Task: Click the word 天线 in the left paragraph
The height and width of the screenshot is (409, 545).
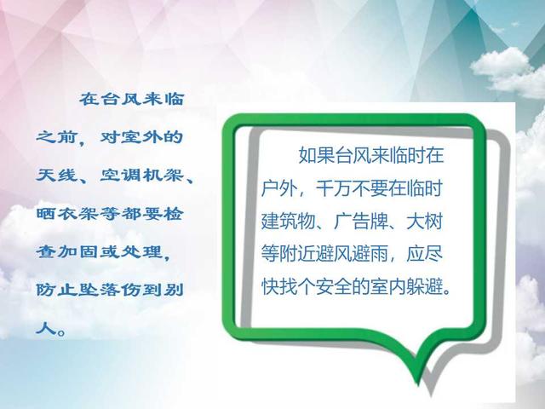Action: pyautogui.click(x=57, y=176)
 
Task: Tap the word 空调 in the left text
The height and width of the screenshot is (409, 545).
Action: pyautogui.click(x=121, y=176)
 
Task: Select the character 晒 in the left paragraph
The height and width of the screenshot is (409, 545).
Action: pyautogui.click(x=47, y=214)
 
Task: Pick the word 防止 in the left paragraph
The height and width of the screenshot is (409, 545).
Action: pyautogui.click(x=57, y=290)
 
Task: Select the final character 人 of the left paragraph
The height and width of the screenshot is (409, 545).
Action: pyautogui.click(x=47, y=327)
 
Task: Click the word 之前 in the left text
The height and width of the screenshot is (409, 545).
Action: pyautogui.click(x=57, y=137)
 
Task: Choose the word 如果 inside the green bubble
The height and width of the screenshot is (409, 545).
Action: pyautogui.click(x=317, y=155)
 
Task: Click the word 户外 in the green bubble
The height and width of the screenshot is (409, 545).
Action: pyautogui.click(x=279, y=188)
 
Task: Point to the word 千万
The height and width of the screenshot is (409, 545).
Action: pyautogui.click(x=334, y=188)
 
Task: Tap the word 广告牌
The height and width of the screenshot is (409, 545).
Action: pyautogui.click(x=361, y=222)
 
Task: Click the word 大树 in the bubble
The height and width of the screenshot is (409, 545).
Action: pyautogui.click(x=424, y=222)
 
